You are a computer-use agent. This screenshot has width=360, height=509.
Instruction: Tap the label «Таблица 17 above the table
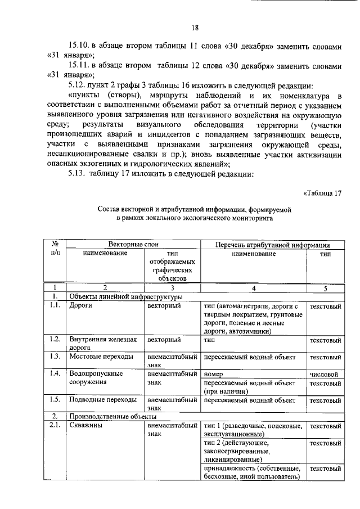click(x=322, y=193)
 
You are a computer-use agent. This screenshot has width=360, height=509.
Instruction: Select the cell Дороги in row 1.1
click(x=80, y=306)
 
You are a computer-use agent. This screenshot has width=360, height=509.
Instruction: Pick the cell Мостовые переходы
click(x=101, y=357)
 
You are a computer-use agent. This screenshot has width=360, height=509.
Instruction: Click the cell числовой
click(x=325, y=373)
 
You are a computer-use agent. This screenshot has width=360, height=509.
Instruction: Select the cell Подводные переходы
click(x=102, y=399)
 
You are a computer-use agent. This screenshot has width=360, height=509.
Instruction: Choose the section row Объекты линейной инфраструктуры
click(x=125, y=296)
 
